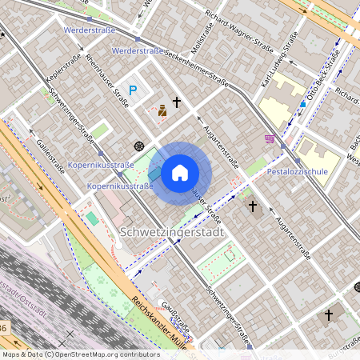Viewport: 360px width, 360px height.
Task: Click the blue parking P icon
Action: point(134,91)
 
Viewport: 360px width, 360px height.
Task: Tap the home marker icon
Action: point(180,172)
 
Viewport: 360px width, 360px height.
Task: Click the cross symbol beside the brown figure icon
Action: point(177,103)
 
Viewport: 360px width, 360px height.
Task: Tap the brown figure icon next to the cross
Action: point(162,110)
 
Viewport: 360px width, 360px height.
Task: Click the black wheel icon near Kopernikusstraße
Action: point(140,146)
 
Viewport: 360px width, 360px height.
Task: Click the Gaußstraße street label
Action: point(175,321)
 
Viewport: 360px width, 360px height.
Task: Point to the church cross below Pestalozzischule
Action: point(253,206)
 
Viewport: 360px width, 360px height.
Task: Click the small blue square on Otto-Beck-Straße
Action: point(302,104)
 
